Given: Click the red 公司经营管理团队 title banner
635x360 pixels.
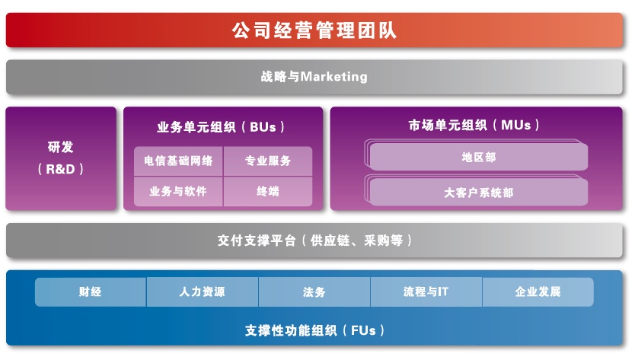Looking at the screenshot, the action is click(314, 30).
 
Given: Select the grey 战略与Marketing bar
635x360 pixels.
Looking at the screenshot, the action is click(314, 77).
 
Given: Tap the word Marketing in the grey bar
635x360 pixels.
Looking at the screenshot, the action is click(334, 77).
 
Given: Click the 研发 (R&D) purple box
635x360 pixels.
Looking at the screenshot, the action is click(61, 158).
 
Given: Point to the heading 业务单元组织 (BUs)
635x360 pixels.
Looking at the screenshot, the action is click(221, 127).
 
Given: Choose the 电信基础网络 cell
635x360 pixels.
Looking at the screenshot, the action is click(179, 161).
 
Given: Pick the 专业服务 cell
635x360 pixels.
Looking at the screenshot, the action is click(268, 161).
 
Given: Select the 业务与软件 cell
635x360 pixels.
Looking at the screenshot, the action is click(179, 191).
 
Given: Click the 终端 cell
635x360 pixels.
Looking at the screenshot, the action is click(268, 191).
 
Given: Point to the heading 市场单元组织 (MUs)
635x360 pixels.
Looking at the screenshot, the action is click(474, 125).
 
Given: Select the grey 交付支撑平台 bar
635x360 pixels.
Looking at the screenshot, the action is click(314, 241).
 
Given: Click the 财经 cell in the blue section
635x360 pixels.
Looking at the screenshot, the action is click(91, 292).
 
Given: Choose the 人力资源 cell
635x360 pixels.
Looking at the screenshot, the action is click(203, 292).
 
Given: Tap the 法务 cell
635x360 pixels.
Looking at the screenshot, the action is click(314, 292).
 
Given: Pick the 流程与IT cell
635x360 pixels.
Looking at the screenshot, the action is click(426, 292).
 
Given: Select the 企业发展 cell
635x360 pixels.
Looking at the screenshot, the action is click(538, 292).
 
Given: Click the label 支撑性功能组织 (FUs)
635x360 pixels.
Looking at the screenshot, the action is click(314, 331).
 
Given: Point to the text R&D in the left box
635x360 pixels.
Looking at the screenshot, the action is click(61, 169).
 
